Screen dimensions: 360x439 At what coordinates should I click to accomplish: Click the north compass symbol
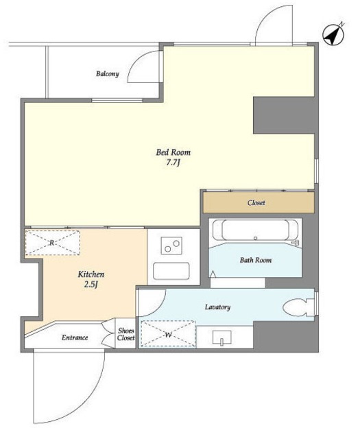pos(333,35)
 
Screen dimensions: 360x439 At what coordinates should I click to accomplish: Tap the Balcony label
pos(108,74)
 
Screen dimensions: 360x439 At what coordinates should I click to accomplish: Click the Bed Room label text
pos(173,152)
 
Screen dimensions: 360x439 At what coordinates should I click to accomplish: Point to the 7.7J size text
pos(173,163)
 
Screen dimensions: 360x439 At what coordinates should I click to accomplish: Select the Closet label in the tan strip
pos(256,202)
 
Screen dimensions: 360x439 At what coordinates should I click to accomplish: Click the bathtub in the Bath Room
pos(255,230)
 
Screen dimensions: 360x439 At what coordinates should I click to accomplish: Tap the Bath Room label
pos(256,260)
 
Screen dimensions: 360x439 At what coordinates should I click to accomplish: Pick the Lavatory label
pos(217,307)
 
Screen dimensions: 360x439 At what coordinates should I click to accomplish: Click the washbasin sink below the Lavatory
pos(222,338)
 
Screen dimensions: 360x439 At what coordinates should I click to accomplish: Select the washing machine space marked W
pos(168,334)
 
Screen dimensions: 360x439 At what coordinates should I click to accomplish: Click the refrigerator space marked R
pos(52,243)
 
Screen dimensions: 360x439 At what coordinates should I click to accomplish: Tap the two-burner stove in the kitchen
pos(171,246)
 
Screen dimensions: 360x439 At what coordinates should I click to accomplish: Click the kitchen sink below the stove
pos(171,271)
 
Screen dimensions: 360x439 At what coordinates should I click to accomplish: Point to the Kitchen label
pos(91,274)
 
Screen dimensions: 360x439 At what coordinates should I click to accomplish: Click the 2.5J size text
pos(91,285)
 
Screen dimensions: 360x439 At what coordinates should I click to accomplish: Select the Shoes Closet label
pos(126,334)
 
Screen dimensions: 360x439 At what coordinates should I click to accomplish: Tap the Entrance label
pos(75,337)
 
